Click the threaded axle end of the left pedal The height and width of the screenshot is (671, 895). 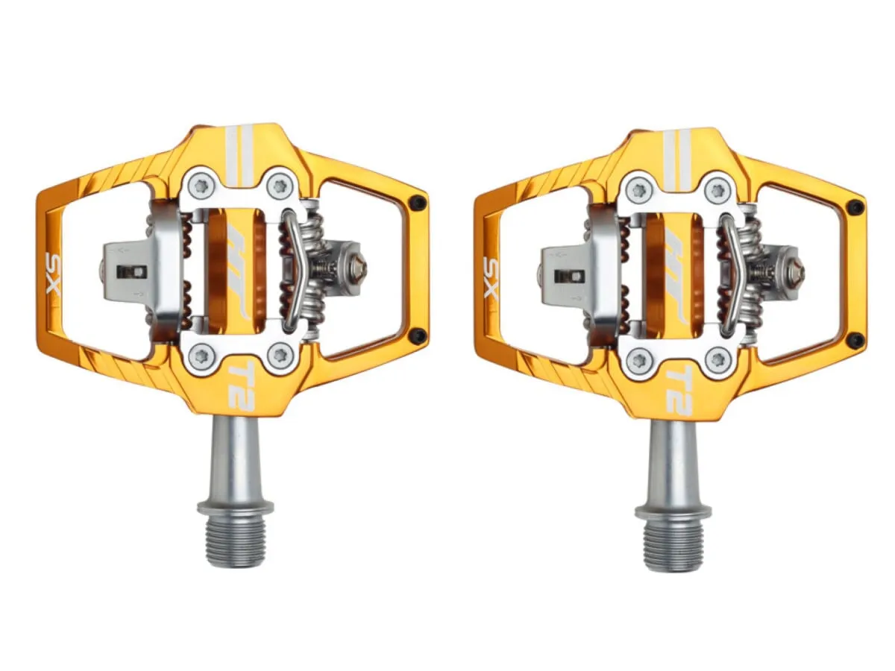click(235, 540)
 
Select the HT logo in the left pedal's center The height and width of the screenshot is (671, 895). click(237, 270)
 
